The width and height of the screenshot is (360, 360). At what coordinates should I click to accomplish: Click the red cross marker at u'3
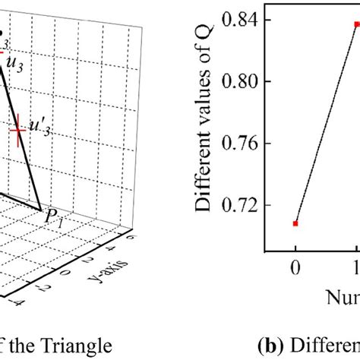[x=17, y=131]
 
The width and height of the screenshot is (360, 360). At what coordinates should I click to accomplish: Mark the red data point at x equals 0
[x=295, y=223]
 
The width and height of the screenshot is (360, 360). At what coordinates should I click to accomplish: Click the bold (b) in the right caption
[x=263, y=346]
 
